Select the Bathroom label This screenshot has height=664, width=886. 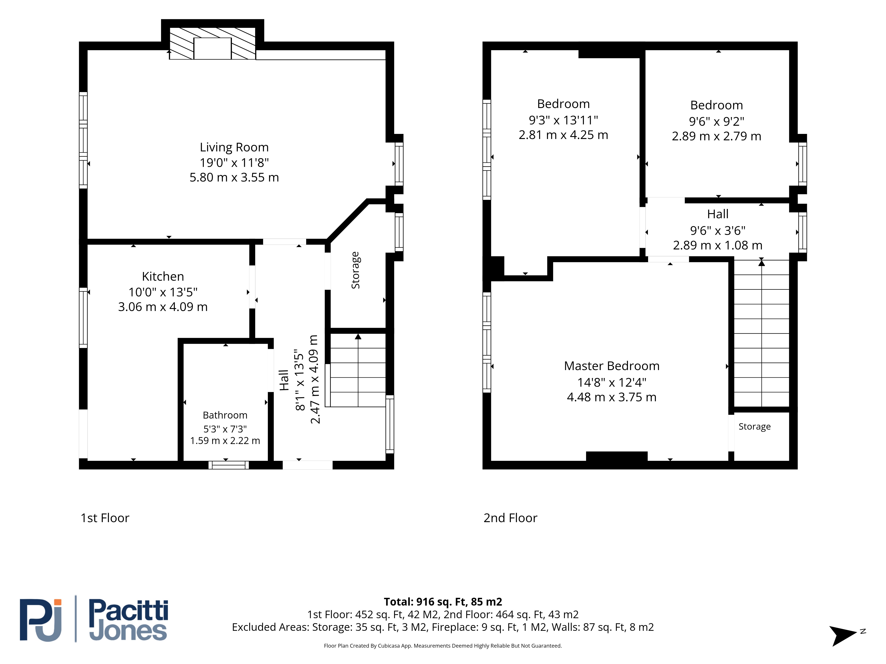click(225, 415)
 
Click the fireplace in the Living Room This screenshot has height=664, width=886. click(212, 44)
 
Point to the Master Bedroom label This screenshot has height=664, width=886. click(612, 366)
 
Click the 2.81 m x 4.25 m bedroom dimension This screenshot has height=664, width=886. click(563, 135)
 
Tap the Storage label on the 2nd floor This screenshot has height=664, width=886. click(755, 427)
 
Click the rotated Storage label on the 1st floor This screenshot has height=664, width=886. click(355, 270)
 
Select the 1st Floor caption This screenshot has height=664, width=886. click(105, 518)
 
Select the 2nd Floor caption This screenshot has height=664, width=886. click(510, 518)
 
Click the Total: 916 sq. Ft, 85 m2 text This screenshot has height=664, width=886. click(443, 602)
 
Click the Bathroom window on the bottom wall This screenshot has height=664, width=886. click(228, 465)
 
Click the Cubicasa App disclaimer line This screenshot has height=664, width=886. click(443, 646)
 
